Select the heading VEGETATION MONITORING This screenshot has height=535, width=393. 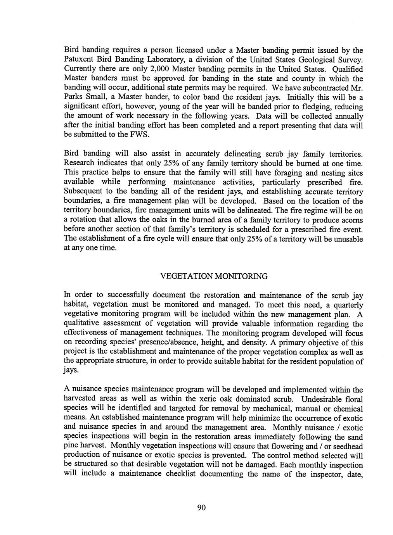(214, 276)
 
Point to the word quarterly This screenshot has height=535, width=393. (346, 305)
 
